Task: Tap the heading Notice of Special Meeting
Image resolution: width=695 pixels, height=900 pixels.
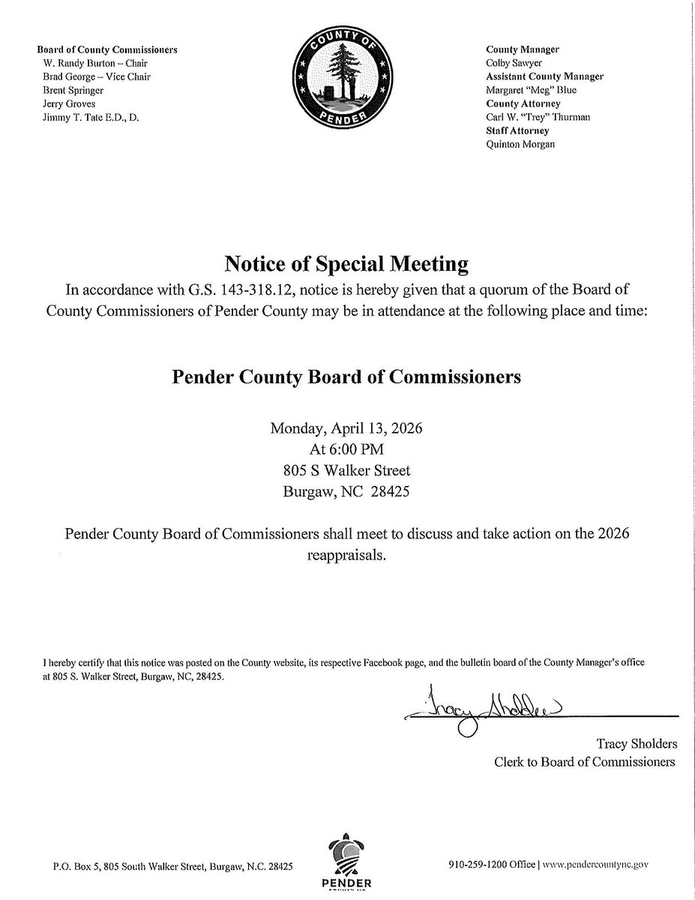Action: click(347, 264)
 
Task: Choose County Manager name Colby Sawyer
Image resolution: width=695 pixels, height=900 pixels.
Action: click(511, 63)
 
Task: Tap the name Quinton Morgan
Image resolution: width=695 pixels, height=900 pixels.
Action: click(520, 144)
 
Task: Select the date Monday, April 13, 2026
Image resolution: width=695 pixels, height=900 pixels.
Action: click(347, 430)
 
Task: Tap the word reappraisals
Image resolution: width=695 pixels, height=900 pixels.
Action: click(346, 556)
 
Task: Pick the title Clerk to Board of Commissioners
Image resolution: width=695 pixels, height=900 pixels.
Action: click(584, 762)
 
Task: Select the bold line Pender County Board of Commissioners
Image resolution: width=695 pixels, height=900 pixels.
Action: click(347, 376)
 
